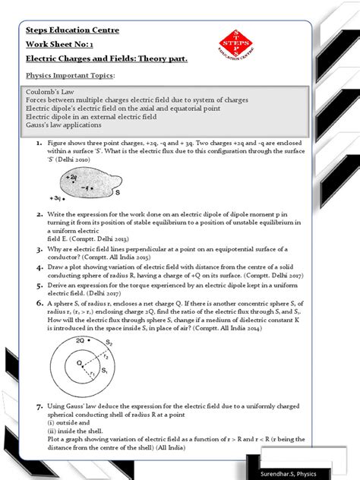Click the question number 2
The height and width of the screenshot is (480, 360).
point(38,214)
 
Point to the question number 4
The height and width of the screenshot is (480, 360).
point(38,267)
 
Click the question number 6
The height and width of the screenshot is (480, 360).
point(38,303)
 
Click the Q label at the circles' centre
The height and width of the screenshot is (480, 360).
point(80,363)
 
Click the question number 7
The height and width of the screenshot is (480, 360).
point(38,408)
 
